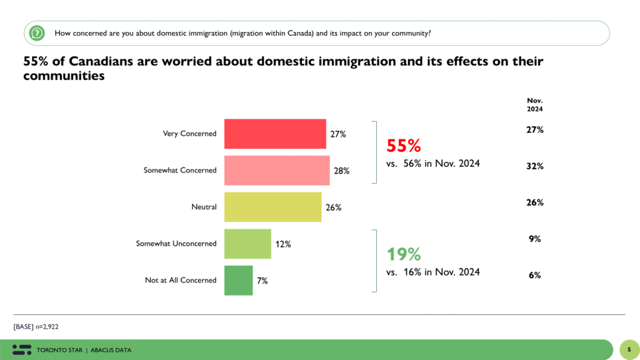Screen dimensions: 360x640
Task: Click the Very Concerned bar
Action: click(275, 134)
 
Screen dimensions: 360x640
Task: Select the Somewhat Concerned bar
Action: click(277, 170)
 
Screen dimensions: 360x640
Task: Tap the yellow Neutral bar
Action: click(272, 207)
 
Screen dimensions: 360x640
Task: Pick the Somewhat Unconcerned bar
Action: click(247, 244)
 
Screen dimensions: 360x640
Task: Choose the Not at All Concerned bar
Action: click(238, 280)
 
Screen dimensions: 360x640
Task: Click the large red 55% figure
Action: click(404, 146)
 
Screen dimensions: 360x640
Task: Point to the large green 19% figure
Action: click(403, 254)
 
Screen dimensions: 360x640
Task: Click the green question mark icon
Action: click(37, 32)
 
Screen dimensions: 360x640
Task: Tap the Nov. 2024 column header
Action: click(534, 104)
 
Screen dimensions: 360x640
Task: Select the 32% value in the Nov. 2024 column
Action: click(534, 166)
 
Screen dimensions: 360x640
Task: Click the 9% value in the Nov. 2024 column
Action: click(534, 239)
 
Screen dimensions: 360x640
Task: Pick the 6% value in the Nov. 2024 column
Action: click(534, 275)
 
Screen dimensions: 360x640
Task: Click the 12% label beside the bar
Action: click(282, 244)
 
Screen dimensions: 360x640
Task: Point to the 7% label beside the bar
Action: click(262, 281)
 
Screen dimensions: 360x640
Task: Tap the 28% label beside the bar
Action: click(341, 170)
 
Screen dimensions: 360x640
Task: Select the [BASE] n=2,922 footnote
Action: click(36, 326)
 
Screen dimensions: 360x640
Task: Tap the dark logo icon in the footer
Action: click(22, 349)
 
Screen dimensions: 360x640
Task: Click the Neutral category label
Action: click(204, 207)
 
